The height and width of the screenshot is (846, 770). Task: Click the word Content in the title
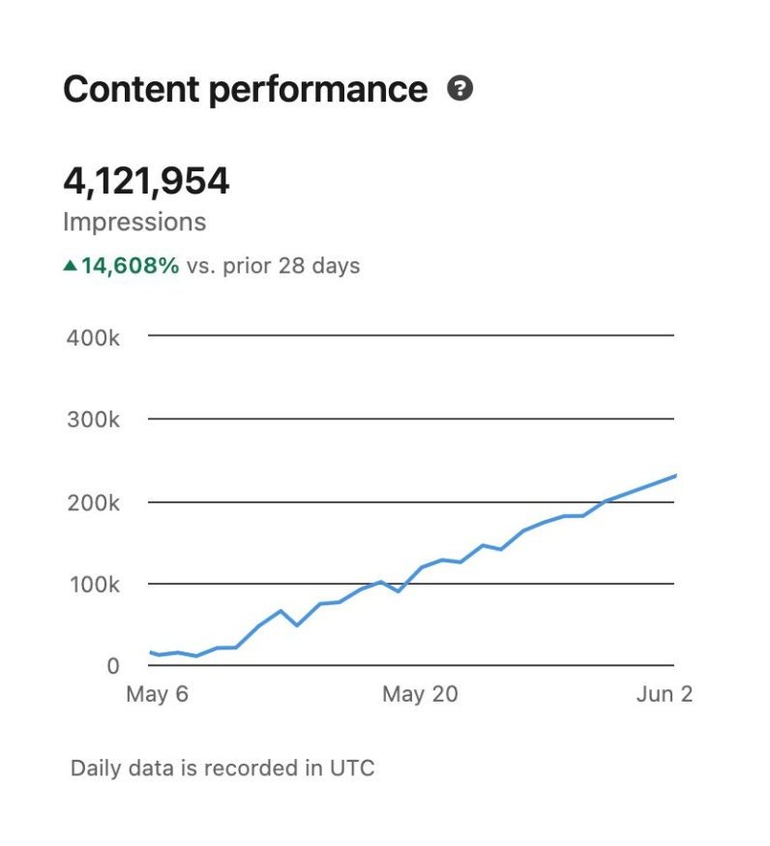pos(129,89)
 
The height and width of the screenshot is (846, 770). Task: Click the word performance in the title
pos(317,90)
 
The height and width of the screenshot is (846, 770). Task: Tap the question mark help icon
pos(460,89)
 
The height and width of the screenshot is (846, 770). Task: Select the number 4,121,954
pos(146,181)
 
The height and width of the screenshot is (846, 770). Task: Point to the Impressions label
pos(134,222)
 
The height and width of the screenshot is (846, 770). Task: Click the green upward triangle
pos(70,265)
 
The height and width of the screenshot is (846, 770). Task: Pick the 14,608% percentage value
pos(130,265)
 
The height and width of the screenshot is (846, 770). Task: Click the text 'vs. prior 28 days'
pos(273,265)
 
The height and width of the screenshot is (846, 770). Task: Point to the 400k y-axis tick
pos(93,338)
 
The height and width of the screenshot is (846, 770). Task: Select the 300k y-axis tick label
pos(93,420)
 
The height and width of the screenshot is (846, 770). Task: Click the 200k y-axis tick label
pos(93,502)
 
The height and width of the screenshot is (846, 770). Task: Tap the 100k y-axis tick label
pos(93,585)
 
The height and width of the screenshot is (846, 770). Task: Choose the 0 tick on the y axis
pos(113,666)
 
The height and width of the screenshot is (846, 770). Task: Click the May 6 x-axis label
pos(157,694)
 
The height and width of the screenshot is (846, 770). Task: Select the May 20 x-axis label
pos(419,694)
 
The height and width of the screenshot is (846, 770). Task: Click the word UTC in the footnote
pos(352,769)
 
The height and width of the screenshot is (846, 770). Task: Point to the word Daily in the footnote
pos(96,769)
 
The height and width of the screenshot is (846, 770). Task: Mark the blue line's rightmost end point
pos(674,475)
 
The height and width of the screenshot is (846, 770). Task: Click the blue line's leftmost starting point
pos(150,652)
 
